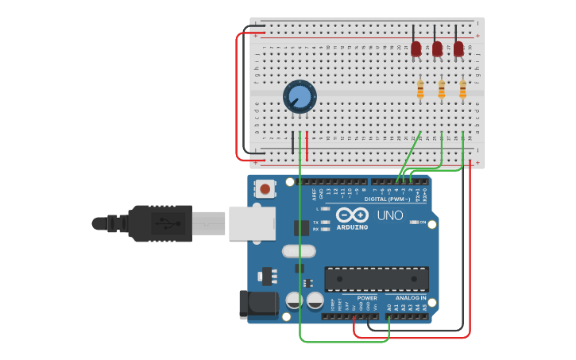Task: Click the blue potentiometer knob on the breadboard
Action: pos(299,97)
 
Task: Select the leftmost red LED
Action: pos(416,49)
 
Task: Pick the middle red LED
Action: pos(437,49)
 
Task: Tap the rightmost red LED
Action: pos(458,49)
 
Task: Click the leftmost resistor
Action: pos(420,90)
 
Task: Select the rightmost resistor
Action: pos(462,90)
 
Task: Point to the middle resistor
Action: pos(442,90)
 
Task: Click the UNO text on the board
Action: pos(390,215)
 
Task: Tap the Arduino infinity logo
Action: pos(351,215)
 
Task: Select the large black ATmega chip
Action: pos(376,279)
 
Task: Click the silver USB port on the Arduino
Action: pos(252,223)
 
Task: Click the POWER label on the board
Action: pos(366,298)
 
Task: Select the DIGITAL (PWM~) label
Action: pos(387,199)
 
